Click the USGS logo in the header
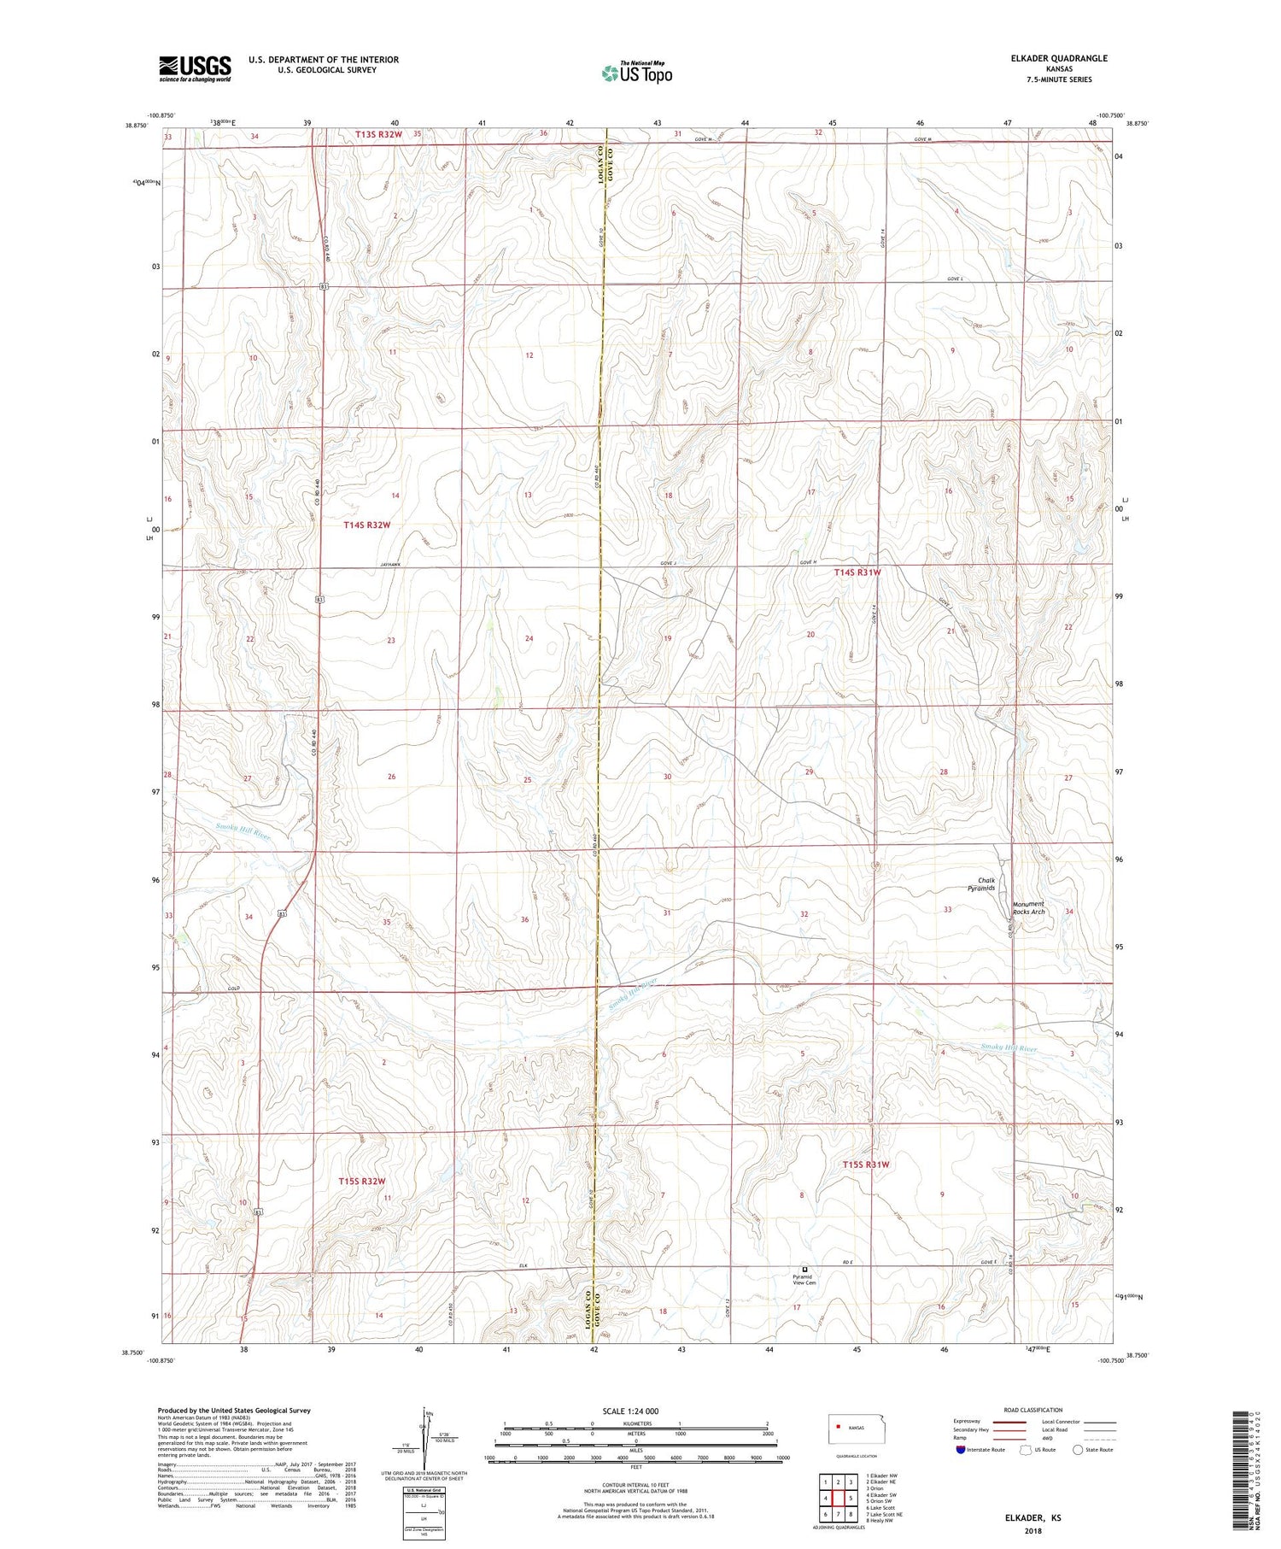pyautogui.click(x=195, y=68)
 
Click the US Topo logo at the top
pyautogui.click(x=636, y=73)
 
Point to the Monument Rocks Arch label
pyautogui.click(x=1028, y=907)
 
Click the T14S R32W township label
pyautogui.click(x=367, y=525)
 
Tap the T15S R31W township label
pyautogui.click(x=866, y=1165)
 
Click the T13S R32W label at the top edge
pyautogui.click(x=378, y=134)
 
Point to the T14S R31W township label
pyautogui.click(x=857, y=572)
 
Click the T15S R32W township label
pyautogui.click(x=361, y=1181)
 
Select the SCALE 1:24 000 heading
pyautogui.click(x=629, y=1411)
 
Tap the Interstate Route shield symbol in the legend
pyautogui.click(x=962, y=1450)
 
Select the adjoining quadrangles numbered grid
pyautogui.click(x=838, y=1499)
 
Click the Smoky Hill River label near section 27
pyautogui.click(x=243, y=831)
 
